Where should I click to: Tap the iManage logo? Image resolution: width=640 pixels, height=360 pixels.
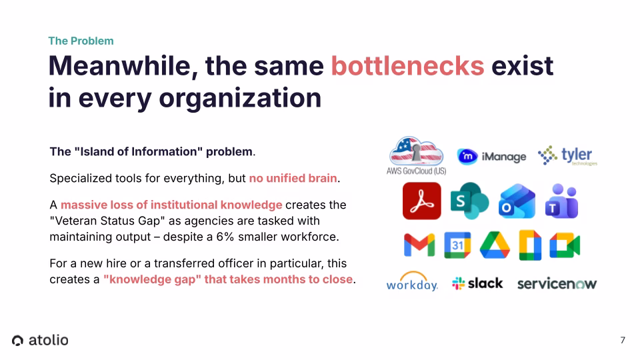coord(491,157)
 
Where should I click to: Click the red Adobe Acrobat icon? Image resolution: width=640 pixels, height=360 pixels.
coord(421,201)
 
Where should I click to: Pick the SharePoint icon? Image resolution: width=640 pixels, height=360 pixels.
coord(469,201)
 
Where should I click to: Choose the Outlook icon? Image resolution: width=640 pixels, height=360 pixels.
coord(517,201)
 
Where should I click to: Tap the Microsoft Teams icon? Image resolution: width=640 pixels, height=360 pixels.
coord(561,201)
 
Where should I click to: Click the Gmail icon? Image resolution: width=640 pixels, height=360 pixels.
coord(419,245)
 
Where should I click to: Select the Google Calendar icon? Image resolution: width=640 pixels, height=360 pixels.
coord(457,245)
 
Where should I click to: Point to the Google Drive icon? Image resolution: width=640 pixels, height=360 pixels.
coord(495,245)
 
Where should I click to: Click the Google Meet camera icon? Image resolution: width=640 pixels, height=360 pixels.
coord(565,245)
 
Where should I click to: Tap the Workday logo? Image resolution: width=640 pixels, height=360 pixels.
coord(412,283)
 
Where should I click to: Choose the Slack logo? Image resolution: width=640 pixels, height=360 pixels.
coord(477,283)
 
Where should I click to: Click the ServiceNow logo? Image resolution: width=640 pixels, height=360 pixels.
coord(557,283)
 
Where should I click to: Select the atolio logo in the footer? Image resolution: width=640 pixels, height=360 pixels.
coord(40,340)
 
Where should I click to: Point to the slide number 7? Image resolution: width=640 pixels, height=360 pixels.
coord(623,340)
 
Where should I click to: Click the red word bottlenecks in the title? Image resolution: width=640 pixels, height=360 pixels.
coord(407,66)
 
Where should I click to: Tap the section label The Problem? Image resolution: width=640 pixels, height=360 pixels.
coord(81,41)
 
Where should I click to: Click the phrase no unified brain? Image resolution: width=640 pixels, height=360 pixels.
coord(293,178)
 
